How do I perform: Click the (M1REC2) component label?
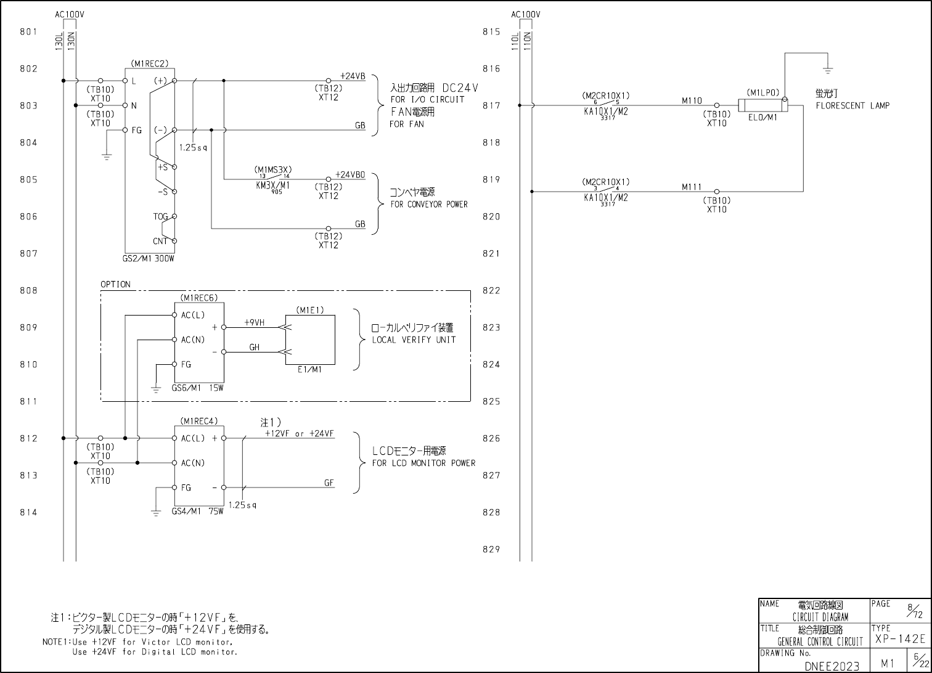click(x=149, y=63)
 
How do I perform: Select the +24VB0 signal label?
click(x=350, y=174)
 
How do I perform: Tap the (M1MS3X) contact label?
click(x=273, y=169)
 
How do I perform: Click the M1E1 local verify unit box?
click(x=310, y=340)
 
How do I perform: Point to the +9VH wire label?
click(x=254, y=322)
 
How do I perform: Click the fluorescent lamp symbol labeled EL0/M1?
click(x=762, y=105)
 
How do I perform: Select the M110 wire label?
click(x=692, y=100)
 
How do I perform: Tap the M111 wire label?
click(x=692, y=187)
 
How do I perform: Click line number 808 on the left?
click(x=29, y=290)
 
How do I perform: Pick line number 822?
click(x=491, y=290)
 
